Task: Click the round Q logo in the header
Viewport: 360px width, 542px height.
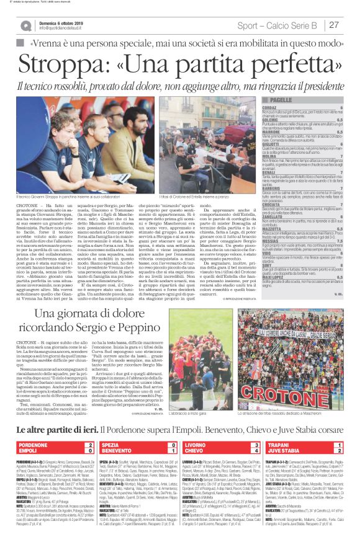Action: pos(25,25)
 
